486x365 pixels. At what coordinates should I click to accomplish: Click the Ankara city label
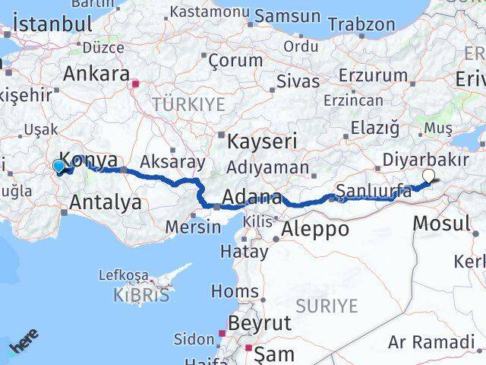click(96, 75)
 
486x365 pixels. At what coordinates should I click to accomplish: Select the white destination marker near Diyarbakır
click(428, 176)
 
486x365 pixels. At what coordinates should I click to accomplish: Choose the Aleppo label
click(315, 228)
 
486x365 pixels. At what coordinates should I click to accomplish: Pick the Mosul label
click(442, 224)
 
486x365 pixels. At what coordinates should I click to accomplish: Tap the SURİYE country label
click(327, 306)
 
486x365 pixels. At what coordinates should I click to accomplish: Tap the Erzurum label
click(373, 75)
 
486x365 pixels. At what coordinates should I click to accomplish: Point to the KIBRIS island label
click(141, 295)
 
